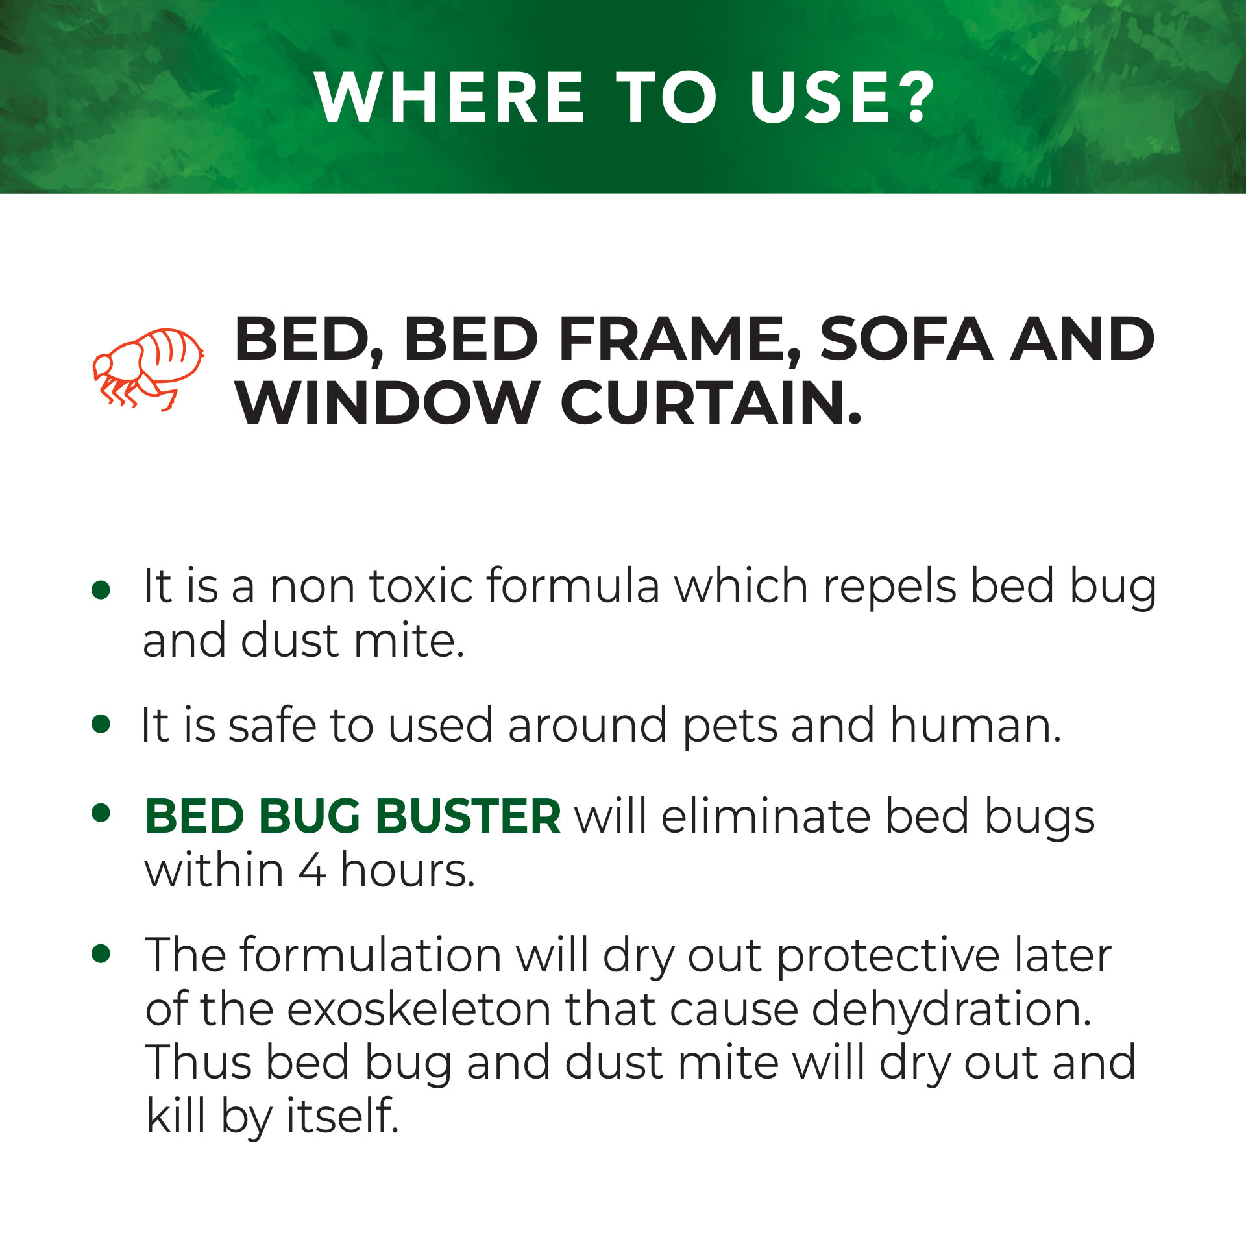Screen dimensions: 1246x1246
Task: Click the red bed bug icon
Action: click(x=147, y=369)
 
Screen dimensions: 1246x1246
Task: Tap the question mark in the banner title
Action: click(x=913, y=97)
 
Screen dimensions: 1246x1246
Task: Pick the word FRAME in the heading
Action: click(x=679, y=340)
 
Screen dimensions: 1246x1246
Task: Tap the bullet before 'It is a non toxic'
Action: click(x=101, y=590)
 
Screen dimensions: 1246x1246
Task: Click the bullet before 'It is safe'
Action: click(x=101, y=724)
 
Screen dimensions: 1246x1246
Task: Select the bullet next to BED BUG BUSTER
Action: click(x=101, y=814)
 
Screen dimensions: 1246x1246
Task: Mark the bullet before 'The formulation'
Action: click(x=101, y=953)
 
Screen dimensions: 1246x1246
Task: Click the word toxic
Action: click(x=422, y=586)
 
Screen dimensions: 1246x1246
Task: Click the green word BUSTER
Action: click(x=469, y=816)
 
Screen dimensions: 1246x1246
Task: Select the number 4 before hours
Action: click(x=311, y=871)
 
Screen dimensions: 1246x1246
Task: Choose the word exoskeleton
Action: click(x=419, y=1010)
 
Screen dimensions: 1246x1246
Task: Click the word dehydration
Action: click(x=952, y=1010)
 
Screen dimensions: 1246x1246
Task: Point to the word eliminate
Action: click(x=766, y=816)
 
